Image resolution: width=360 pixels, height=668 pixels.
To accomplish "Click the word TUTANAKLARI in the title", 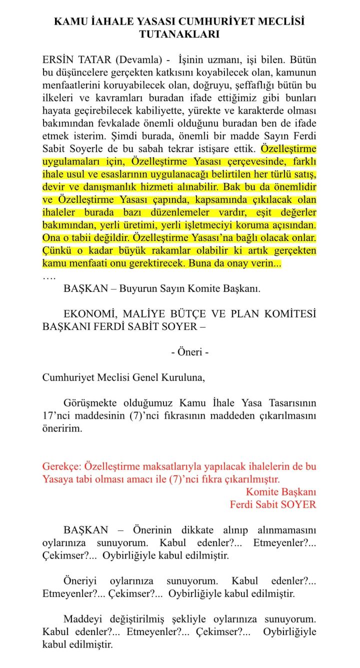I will coord(179,34).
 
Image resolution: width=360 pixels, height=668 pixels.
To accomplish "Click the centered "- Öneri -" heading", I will coord(189,352).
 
